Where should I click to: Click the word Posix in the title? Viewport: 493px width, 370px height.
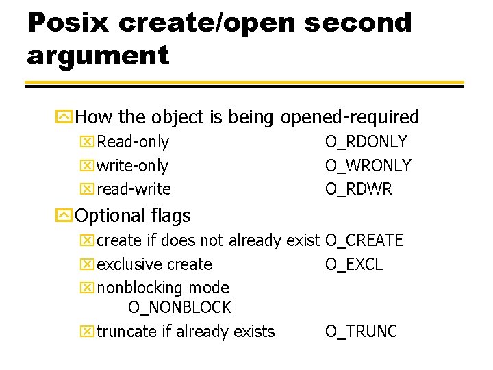click(x=67, y=23)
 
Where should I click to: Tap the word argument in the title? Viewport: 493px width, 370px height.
click(x=98, y=55)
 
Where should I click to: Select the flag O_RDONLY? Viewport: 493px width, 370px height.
click(x=366, y=142)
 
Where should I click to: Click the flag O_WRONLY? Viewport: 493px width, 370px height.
click(x=368, y=165)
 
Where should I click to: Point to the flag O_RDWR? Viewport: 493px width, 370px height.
click(x=359, y=188)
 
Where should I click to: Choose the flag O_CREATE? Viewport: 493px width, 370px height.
click(x=364, y=241)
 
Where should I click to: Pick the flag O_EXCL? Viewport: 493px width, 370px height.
click(x=354, y=264)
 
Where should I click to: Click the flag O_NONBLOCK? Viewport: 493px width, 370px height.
click(x=179, y=308)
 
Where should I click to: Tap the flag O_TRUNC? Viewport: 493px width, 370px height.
click(x=361, y=332)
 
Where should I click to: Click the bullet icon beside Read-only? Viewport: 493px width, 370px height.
click(x=88, y=143)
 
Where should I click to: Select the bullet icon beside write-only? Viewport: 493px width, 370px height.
click(x=88, y=166)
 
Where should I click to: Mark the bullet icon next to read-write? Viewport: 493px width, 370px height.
click(x=88, y=189)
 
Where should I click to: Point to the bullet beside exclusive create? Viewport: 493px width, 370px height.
click(x=88, y=264)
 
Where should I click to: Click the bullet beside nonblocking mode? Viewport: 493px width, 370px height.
click(x=88, y=288)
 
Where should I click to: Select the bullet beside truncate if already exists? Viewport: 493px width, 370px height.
click(x=88, y=332)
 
